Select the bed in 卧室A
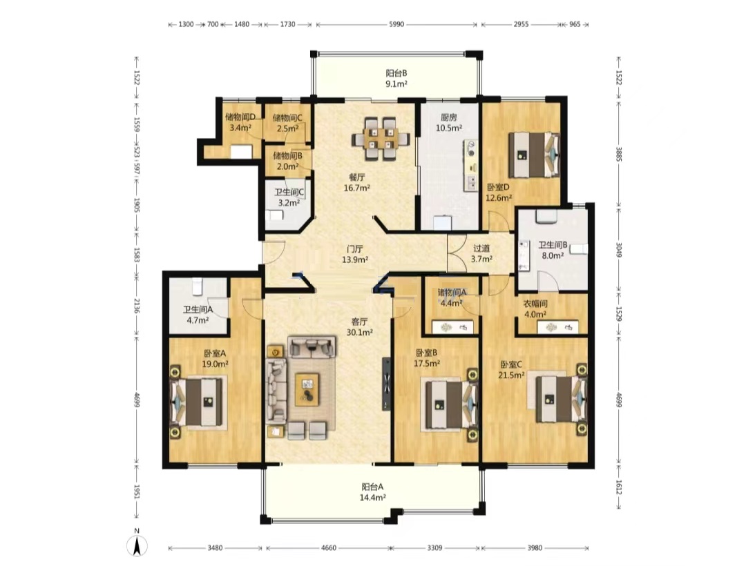[x=198, y=402]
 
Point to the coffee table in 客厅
[x=307, y=389]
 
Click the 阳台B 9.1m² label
[x=396, y=79]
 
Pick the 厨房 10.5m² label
[x=449, y=123]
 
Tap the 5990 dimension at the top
[x=396, y=24]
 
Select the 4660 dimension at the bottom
[x=328, y=548]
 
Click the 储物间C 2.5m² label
[x=287, y=123]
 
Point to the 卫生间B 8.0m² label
[x=553, y=250]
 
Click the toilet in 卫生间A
[x=198, y=286]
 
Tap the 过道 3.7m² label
[x=481, y=253]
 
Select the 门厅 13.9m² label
[x=355, y=254]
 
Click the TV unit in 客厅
[x=387, y=384]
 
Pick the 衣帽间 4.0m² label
[x=535, y=309]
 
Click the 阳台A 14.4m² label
[x=372, y=492]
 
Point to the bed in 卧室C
[x=562, y=399]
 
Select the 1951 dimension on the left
[x=137, y=492]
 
